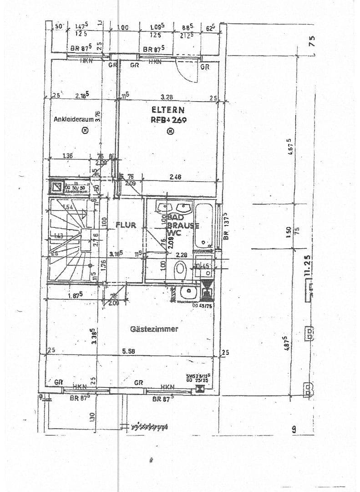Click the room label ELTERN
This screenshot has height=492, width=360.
pyautogui.click(x=168, y=109)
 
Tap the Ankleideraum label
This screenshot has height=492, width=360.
pyautogui.click(x=74, y=119)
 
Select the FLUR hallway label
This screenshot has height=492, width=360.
pyautogui.click(x=126, y=225)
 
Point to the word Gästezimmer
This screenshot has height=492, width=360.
pyautogui.click(x=154, y=329)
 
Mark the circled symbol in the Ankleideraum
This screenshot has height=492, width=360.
pyautogui.click(x=85, y=131)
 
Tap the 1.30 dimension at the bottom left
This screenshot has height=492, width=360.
pyautogui.click(x=92, y=416)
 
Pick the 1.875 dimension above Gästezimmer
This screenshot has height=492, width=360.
pyautogui.click(x=75, y=295)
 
